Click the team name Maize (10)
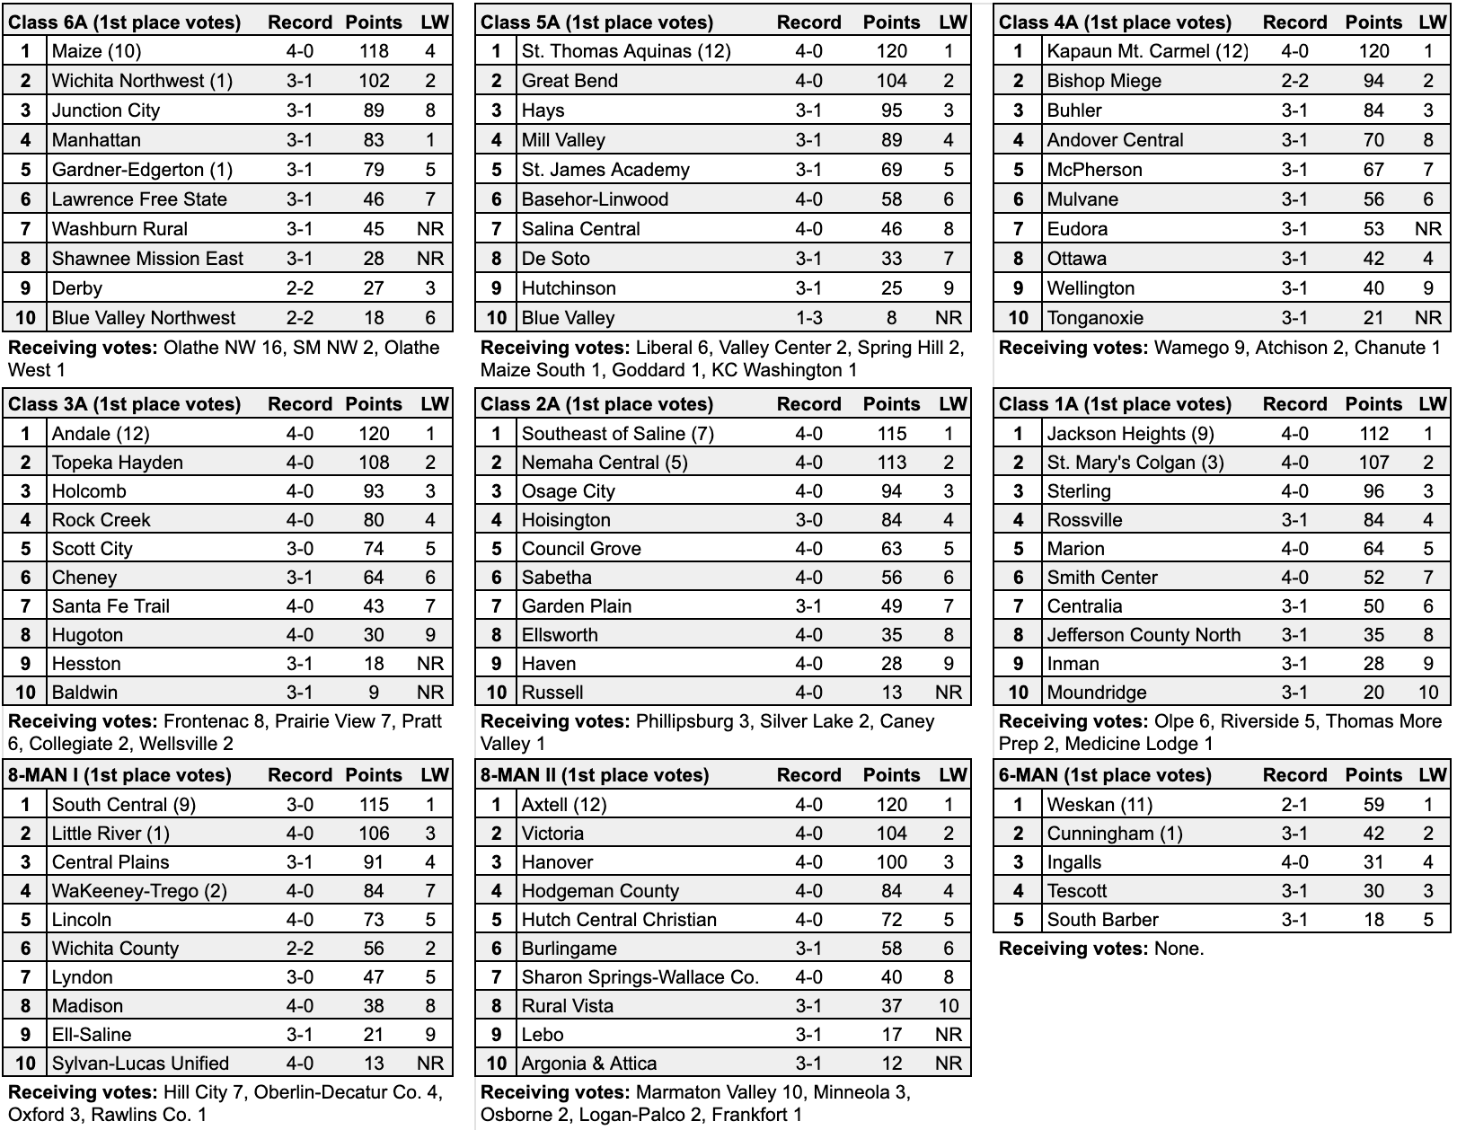pyautogui.click(x=96, y=51)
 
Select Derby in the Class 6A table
pyautogui.click(x=77, y=288)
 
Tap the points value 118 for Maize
pyautogui.click(x=374, y=51)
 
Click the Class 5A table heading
pyautogui.click(x=596, y=22)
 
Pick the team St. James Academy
pyautogui.click(x=605, y=170)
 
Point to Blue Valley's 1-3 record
pyautogui.click(x=808, y=318)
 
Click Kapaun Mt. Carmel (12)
pyautogui.click(x=1147, y=51)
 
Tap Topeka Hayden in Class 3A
pyautogui.click(x=117, y=463)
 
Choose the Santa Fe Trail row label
pyautogui.click(x=110, y=606)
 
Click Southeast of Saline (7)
pyautogui.click(x=617, y=434)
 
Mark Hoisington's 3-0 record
pyautogui.click(x=808, y=520)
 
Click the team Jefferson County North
pyautogui.click(x=1144, y=635)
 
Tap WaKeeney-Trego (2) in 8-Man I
pyautogui.click(x=139, y=891)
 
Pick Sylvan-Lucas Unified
pyautogui.click(x=140, y=1064)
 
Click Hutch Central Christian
pyautogui.click(x=619, y=920)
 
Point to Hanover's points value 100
pyautogui.click(x=891, y=862)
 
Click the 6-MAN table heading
pyautogui.click(x=1105, y=775)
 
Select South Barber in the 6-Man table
pyautogui.click(x=1102, y=920)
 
